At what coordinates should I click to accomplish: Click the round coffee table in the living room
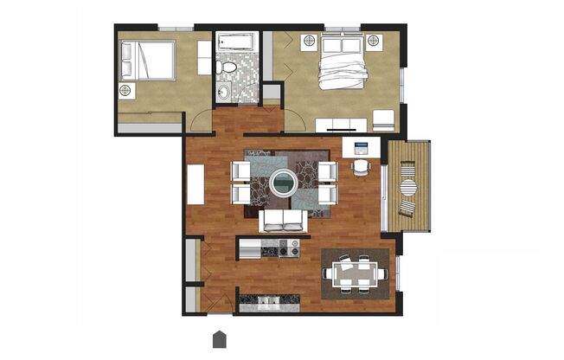tap(282, 183)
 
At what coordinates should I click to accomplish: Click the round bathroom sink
tap(224, 90)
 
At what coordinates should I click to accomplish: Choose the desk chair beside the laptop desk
tap(361, 165)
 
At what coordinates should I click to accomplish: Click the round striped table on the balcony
tap(407, 187)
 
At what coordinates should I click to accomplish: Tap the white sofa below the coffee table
tap(282, 222)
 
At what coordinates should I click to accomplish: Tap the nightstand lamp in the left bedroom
tap(126, 90)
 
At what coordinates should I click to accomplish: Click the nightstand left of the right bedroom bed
tap(309, 41)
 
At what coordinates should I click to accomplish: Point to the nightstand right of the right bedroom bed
tap(374, 41)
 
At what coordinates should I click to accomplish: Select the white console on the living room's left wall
tap(195, 183)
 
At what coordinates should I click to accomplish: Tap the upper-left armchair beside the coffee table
tap(241, 170)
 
